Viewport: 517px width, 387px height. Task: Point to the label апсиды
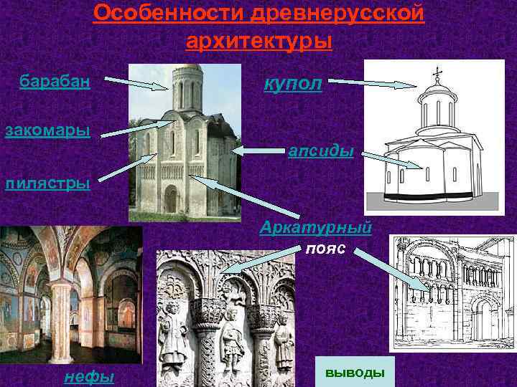320,151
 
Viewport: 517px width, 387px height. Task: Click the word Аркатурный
316,228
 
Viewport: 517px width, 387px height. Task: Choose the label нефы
88,376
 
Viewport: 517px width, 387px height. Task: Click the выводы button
355,373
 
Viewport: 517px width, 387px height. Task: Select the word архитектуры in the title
258,41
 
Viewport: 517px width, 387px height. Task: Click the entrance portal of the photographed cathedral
171,200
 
